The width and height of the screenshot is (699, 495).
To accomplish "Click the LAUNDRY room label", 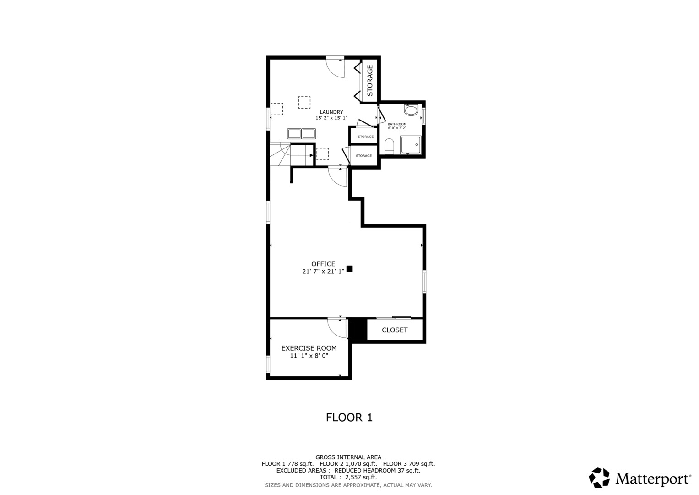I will tap(331, 112).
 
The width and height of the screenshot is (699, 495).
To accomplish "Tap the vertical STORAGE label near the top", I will tap(370, 80).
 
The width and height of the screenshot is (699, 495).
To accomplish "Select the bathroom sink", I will tap(411, 110).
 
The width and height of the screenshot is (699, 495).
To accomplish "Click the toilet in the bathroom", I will tap(390, 145).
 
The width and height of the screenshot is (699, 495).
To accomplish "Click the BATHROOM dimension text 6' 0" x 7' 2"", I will tap(397, 128).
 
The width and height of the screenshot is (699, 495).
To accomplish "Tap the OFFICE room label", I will tap(323, 264).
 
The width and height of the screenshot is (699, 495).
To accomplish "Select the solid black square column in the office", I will tap(350, 269).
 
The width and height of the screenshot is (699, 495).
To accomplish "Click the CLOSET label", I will tap(395, 330).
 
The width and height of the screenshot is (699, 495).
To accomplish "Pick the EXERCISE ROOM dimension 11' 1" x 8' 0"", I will tap(309, 356).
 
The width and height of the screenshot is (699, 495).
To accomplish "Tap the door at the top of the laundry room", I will tap(336, 67).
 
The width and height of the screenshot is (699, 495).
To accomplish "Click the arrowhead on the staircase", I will tap(311, 155).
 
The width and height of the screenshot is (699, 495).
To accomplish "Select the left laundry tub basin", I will tap(294, 134).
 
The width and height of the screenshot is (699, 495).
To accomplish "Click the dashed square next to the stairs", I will tap(322, 154).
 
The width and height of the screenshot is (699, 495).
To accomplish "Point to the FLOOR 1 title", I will tap(349, 418).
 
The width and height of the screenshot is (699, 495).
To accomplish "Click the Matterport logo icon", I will tap(599, 478).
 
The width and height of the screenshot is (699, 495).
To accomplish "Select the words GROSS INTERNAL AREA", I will tap(348, 457).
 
